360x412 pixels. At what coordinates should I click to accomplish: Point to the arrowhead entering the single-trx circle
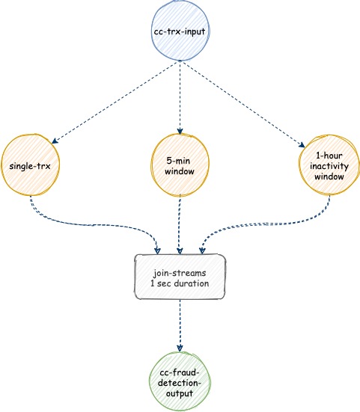click(54, 141)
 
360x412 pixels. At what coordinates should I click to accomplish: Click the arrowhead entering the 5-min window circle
click(180, 132)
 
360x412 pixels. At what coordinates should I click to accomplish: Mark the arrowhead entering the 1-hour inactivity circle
click(302, 145)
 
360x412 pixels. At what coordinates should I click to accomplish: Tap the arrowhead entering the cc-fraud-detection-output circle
click(180, 348)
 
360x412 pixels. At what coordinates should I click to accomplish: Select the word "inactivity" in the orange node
click(329, 167)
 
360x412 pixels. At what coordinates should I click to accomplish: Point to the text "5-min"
click(178, 161)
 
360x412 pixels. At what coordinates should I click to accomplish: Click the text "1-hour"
click(329, 156)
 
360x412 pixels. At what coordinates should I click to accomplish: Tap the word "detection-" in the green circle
click(180, 383)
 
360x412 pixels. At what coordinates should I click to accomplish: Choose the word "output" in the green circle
click(180, 393)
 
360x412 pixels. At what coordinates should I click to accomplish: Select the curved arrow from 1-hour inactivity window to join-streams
click(266, 224)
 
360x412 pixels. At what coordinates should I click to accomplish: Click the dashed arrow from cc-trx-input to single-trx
click(116, 102)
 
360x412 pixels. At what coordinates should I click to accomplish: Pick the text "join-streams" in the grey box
click(180, 273)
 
